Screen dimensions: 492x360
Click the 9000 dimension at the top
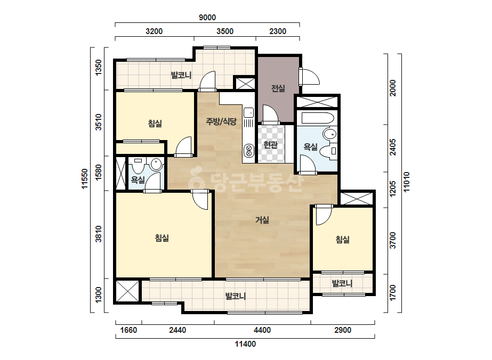pos(207,18)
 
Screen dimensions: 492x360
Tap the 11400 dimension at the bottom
pos(245,344)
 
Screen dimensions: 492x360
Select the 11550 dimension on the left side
pos(85,179)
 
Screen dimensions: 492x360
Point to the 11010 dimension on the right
pos(406,182)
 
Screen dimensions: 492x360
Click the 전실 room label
pos(278,88)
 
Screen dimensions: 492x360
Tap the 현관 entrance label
pos(270,145)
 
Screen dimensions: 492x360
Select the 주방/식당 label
pos(221,121)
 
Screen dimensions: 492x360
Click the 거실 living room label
pos(262,220)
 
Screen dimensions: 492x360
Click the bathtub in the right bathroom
pos(317,118)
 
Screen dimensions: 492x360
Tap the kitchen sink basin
pos(248,112)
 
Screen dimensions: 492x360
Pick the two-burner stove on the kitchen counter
pos(248,150)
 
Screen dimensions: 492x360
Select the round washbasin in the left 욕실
pos(156,165)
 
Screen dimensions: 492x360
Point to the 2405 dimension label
pos(392,148)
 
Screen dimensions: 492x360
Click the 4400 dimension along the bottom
pos(262,330)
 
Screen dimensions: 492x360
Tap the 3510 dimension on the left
pos(99,122)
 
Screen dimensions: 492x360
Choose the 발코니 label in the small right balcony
pos(342,284)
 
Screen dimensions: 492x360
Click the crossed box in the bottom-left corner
pos(127,291)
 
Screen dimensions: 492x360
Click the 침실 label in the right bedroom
pos(343,240)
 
